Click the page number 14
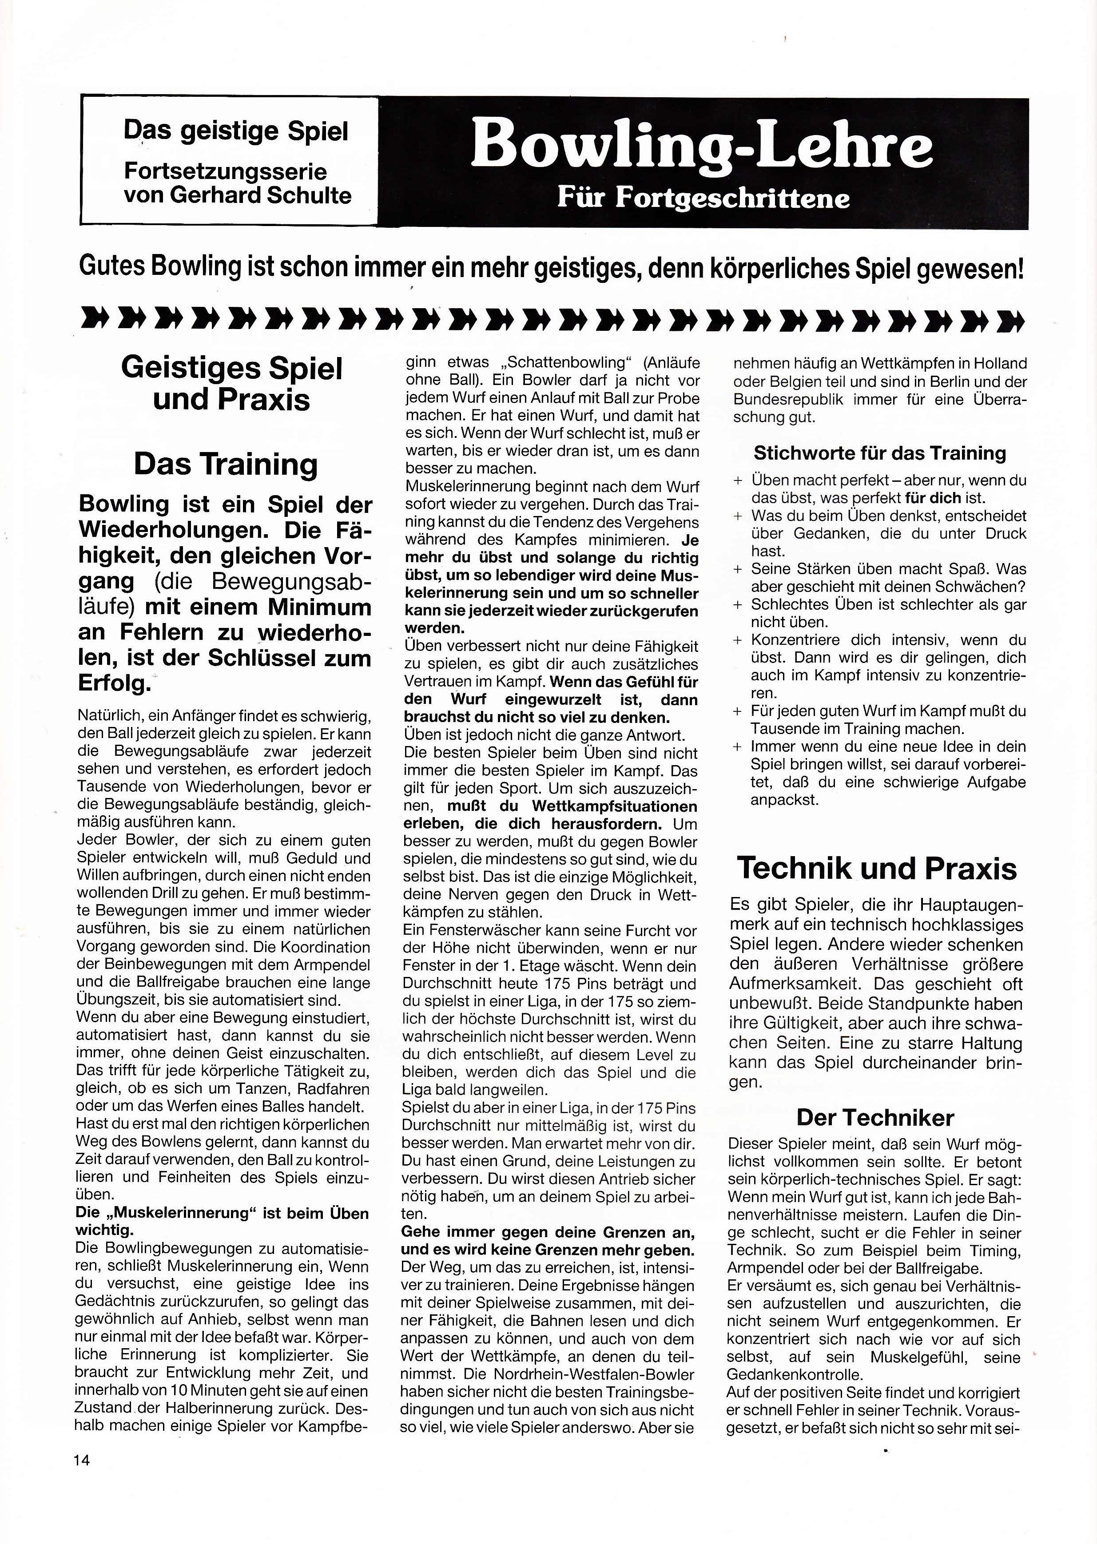[x=83, y=1459]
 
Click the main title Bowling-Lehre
[x=701, y=147]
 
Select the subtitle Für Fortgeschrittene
[x=703, y=199]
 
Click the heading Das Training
[x=226, y=464]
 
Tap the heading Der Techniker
[x=875, y=1117]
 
